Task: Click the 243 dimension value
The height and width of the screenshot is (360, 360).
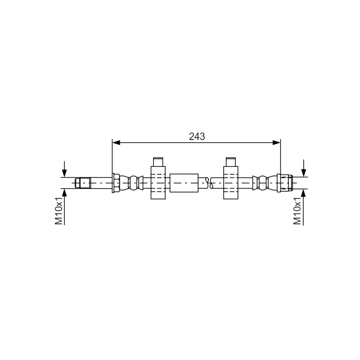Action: point(197,137)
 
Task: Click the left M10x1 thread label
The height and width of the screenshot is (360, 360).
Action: point(59,211)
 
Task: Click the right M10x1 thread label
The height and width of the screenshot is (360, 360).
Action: point(297,211)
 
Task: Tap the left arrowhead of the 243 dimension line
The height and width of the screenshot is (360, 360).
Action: point(116,143)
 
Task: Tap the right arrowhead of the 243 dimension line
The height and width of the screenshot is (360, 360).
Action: point(276,143)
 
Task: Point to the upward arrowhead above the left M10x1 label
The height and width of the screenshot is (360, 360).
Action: point(64,193)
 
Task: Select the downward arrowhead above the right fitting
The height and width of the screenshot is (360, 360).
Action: point(303,173)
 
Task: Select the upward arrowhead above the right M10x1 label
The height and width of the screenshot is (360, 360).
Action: point(303,193)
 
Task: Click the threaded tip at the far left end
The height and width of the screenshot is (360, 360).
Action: point(83,183)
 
